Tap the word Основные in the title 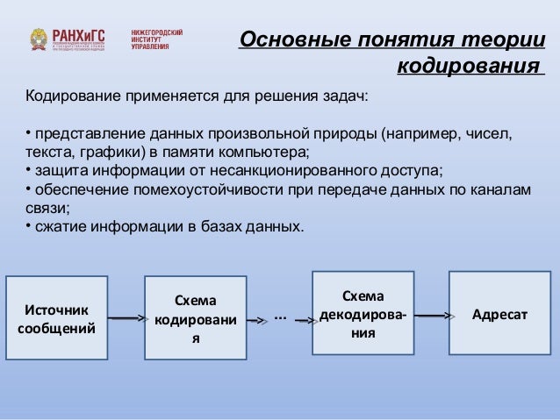293,41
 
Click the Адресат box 499,313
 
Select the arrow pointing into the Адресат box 433,314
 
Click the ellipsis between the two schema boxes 280,315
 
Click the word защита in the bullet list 56,170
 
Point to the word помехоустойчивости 209,189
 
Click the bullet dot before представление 26,132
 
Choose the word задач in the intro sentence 347,94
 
